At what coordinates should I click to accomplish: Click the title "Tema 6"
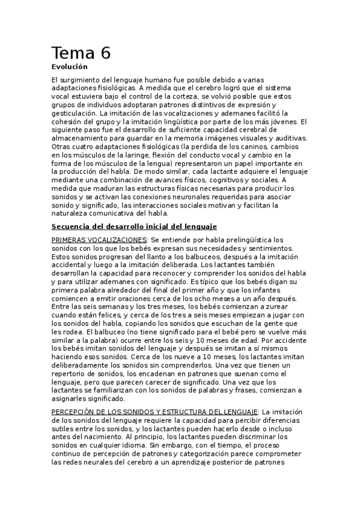pos(81,53)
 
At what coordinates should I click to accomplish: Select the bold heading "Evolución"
pos(70,67)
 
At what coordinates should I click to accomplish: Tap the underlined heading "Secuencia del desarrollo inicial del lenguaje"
pos(134,226)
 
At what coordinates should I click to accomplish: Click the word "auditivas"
pos(288,138)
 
